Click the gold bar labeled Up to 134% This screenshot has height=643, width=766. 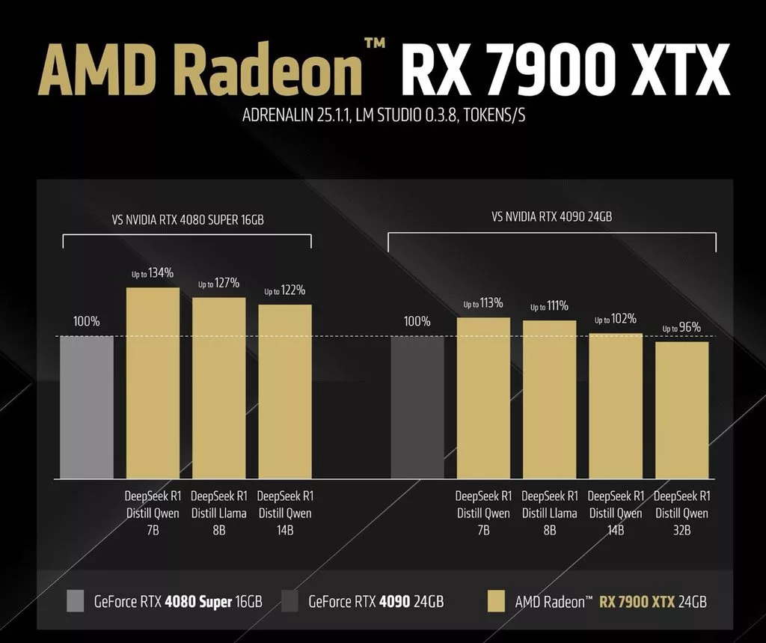(153, 383)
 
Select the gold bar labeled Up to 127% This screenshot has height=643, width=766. (218, 388)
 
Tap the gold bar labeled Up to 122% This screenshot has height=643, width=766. (285, 391)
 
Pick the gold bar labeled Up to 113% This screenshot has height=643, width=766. (483, 398)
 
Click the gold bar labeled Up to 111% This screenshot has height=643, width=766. (549, 400)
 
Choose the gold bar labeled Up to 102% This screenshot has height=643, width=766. (616, 406)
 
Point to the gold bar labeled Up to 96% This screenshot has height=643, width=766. (681, 410)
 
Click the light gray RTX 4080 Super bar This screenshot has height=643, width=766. (87, 407)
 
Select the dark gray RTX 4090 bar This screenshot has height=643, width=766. (417, 407)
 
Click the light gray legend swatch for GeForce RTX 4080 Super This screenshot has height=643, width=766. (76, 600)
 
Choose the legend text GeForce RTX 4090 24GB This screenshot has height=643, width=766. (376, 601)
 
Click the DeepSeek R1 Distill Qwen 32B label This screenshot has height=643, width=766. (681, 513)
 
